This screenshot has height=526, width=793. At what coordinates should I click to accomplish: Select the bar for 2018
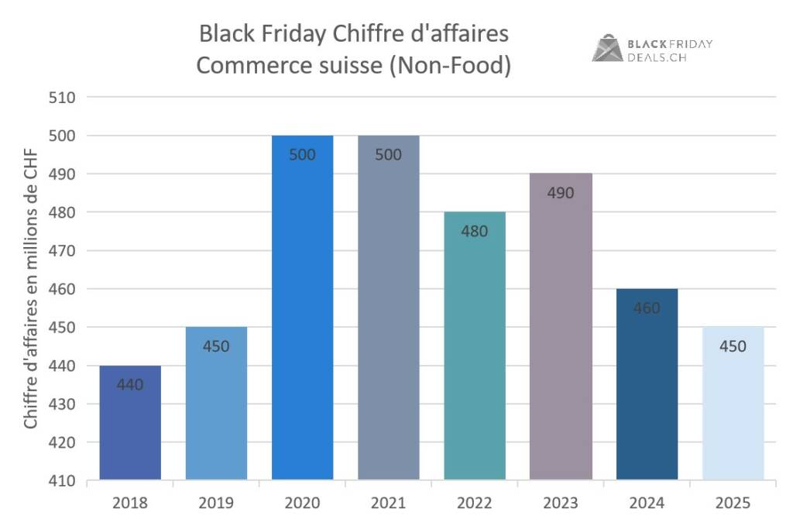click(130, 423)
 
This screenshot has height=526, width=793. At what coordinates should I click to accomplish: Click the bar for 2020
click(302, 310)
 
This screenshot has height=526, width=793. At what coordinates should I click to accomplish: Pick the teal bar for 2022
click(475, 349)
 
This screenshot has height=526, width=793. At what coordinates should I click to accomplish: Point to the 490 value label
click(561, 193)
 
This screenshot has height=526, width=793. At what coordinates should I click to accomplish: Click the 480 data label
click(475, 231)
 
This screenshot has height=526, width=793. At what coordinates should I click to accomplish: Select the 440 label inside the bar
click(130, 384)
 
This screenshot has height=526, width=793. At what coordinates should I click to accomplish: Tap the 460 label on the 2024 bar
click(647, 308)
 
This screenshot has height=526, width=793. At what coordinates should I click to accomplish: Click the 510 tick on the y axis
click(64, 98)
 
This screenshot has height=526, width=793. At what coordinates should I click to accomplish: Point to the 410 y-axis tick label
click(64, 480)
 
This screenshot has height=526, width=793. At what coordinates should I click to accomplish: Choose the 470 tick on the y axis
click(64, 251)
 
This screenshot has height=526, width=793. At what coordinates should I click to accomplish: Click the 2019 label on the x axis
click(216, 504)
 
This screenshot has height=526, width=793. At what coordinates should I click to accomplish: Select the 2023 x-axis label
click(561, 504)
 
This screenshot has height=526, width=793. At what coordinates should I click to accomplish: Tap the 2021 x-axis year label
click(388, 504)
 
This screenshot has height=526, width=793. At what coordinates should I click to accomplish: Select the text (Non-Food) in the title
click(450, 66)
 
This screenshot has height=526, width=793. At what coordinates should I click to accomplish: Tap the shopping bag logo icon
click(607, 48)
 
